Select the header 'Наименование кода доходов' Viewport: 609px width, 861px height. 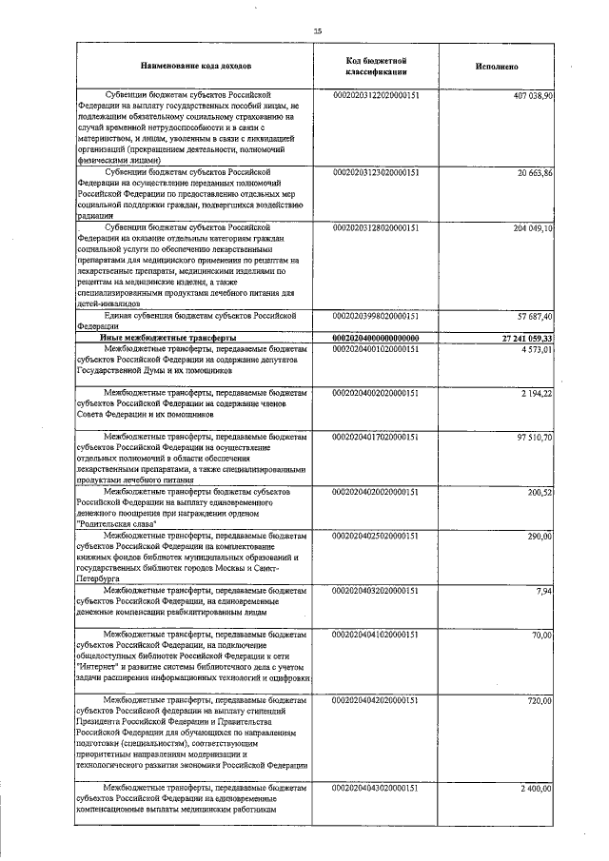point(196,67)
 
